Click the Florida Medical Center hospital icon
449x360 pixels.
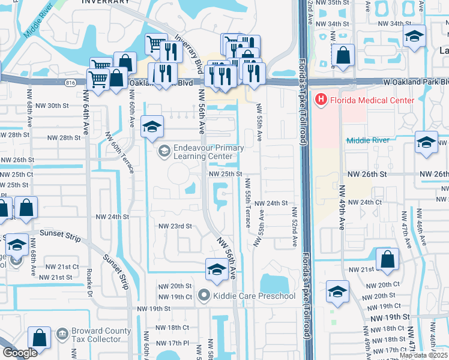click(321, 100)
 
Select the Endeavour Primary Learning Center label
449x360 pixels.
click(208, 152)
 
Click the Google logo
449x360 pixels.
click(20, 353)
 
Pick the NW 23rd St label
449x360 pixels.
click(175, 226)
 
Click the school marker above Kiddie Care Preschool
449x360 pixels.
click(216, 269)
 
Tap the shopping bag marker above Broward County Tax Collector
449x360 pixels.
click(39, 338)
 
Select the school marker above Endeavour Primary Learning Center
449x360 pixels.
click(152, 126)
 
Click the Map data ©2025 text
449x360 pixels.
click(423, 355)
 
